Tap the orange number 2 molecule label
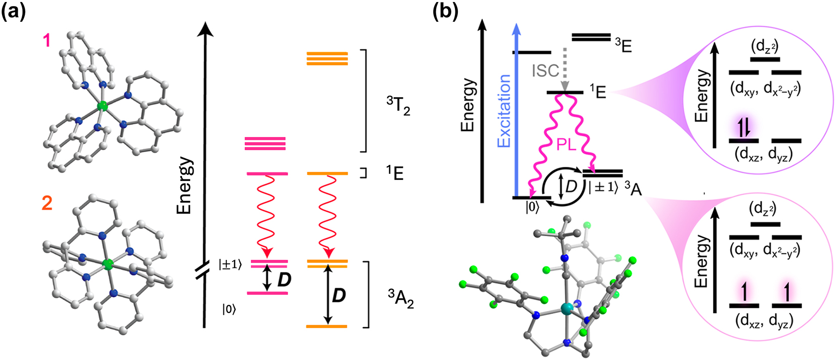point(47,203)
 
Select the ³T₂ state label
point(398,106)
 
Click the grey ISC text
point(545,71)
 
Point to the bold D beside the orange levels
point(338,296)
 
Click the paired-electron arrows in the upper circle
point(744,128)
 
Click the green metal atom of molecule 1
point(103,106)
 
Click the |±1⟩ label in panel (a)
point(230,264)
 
